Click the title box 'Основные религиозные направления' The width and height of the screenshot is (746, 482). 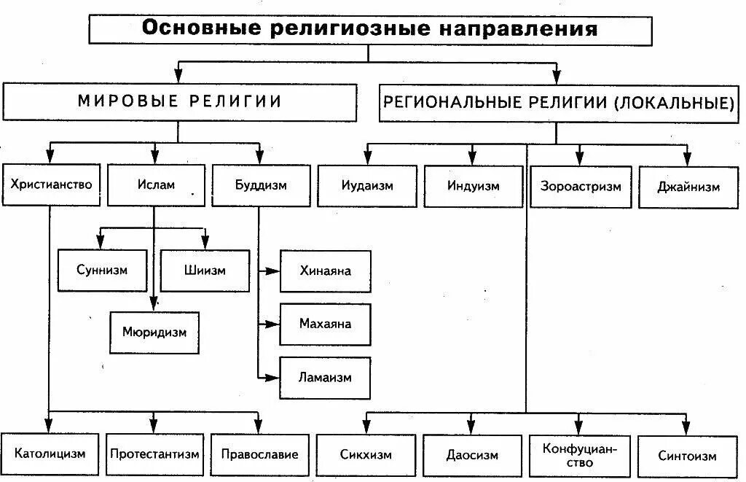coord(370,30)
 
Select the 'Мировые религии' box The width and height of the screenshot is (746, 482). coord(179,101)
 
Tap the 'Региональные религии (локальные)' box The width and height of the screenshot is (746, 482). coord(558,103)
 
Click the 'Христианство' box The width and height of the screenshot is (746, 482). coord(51,184)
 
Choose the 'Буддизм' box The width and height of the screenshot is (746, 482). coord(260,184)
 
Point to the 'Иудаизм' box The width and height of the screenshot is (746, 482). coord(367,186)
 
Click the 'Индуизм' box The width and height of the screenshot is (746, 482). coord(474,186)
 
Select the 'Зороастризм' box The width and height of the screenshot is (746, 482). coord(581,186)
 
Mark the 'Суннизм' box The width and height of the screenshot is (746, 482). coord(101,270)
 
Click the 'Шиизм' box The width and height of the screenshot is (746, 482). coord(204,270)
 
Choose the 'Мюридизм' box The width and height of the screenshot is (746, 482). coord(154,332)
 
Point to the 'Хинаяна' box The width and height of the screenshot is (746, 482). coord(325,271)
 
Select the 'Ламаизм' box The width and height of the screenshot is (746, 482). coord(325,377)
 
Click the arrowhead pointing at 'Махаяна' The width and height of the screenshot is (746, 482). coord(274,323)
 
